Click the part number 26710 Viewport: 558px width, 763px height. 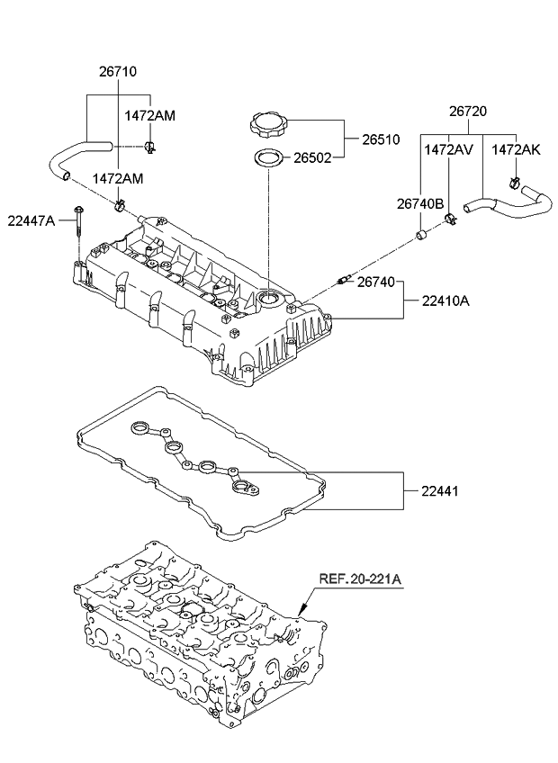(117, 71)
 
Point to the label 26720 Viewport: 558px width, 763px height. (468, 112)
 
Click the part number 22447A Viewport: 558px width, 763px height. (31, 220)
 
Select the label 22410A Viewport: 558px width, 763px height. (445, 301)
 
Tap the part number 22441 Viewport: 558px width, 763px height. (438, 490)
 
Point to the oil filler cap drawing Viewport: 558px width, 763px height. (267, 123)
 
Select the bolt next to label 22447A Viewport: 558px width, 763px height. (79, 220)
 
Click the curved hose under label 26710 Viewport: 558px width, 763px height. (72, 157)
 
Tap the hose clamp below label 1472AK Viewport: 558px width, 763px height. (516, 185)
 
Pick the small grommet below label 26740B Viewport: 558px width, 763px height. (419, 237)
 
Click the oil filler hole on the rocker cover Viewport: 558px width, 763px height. (271, 297)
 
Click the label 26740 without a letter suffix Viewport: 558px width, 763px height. (375, 283)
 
